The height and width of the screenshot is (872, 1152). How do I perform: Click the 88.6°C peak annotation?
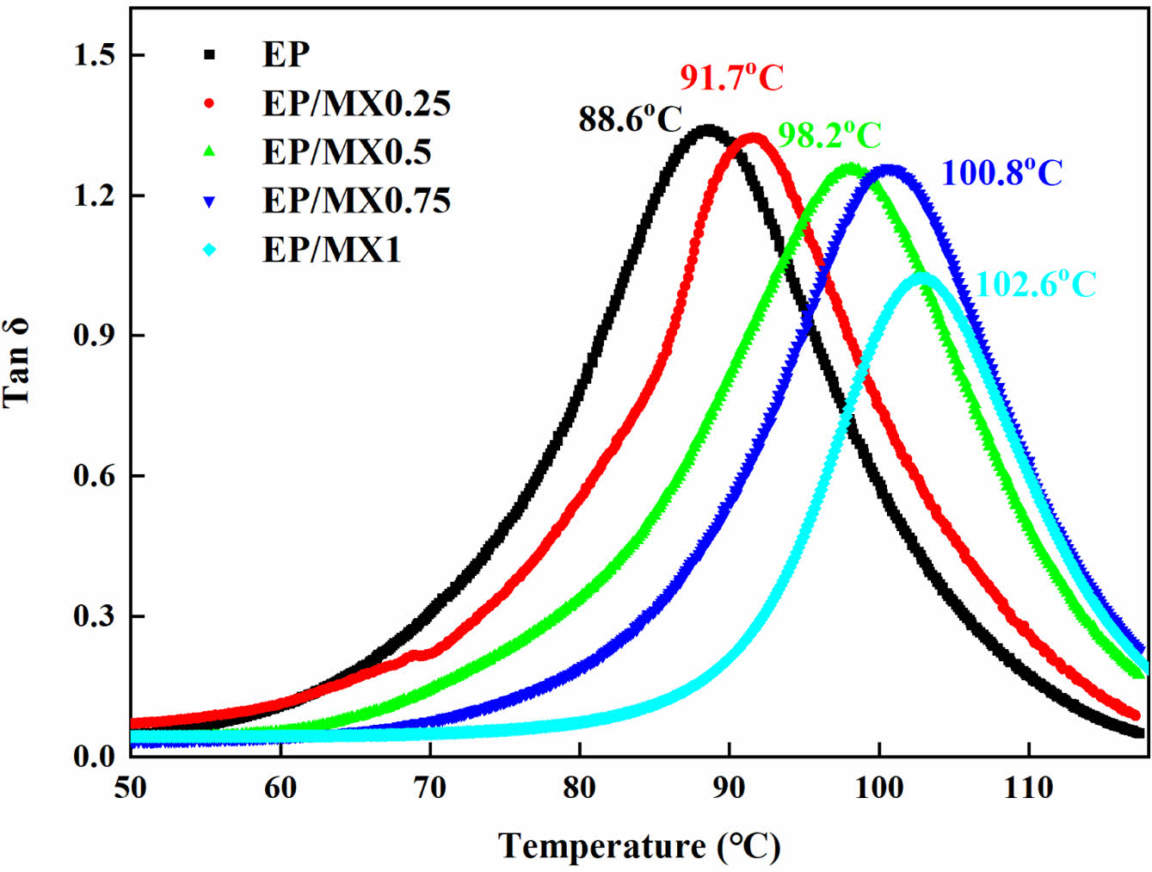[x=630, y=120]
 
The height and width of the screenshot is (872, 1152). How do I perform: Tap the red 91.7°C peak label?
[x=731, y=78]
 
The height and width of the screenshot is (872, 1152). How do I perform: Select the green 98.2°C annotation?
[x=829, y=135]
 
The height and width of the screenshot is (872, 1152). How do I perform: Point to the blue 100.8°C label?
[x=1002, y=173]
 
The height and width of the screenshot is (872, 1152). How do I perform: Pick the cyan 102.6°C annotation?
[x=1037, y=284]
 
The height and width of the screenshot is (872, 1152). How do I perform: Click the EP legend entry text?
[x=286, y=54]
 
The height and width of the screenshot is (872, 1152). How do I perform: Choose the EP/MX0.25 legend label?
[x=356, y=103]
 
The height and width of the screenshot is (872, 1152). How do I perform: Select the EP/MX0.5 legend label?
[x=347, y=152]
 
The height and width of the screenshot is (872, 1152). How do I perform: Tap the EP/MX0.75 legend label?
[x=356, y=201]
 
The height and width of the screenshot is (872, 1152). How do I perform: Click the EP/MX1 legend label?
[x=331, y=250]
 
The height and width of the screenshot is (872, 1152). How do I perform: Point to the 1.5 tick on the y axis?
[x=95, y=56]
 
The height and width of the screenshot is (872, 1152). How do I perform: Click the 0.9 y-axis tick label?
[x=95, y=336]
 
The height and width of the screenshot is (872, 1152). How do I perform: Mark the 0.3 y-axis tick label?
[x=95, y=616]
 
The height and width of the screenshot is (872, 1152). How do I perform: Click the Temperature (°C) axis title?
[x=639, y=847]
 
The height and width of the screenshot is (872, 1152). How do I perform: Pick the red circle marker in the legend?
[x=209, y=103]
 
